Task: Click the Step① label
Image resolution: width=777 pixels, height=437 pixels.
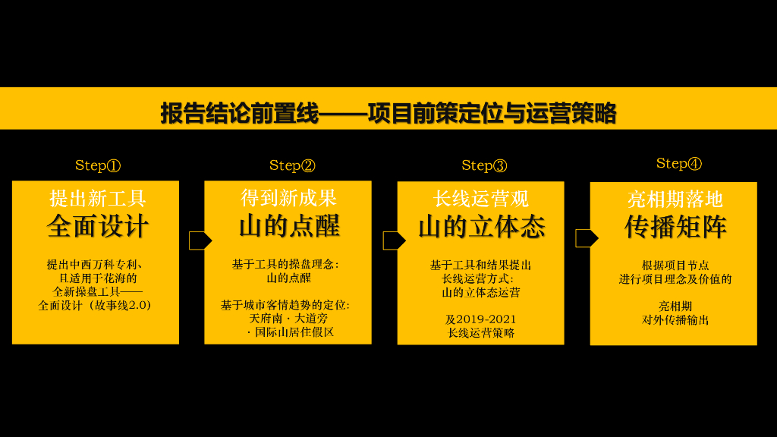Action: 98,165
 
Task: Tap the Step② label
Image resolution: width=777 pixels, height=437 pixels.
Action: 292,165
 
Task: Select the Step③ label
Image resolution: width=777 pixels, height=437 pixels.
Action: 484,165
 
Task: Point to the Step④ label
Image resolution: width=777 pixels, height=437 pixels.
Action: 679,163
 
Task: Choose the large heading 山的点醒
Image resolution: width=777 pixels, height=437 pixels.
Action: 289,226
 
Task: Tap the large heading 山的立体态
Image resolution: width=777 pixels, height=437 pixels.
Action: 481,227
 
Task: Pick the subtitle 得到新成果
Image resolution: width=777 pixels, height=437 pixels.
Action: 289,199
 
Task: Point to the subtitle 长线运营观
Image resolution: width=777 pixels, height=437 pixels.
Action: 481,200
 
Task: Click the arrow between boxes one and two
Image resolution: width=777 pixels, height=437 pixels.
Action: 200,241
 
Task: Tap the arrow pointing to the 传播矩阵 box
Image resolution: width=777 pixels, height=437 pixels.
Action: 587,238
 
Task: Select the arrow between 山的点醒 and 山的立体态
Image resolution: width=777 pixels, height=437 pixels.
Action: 394,241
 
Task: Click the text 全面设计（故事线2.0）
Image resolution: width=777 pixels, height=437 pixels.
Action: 96,305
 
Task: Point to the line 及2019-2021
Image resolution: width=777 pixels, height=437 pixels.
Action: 481,319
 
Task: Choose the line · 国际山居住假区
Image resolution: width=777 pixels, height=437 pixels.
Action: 291,332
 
